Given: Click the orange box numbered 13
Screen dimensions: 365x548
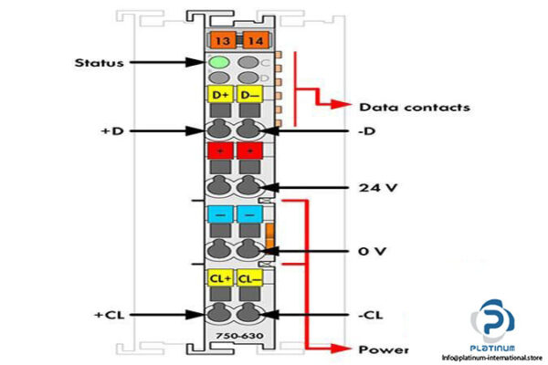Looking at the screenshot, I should [x=221, y=39].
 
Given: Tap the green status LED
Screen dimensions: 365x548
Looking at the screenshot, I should [x=220, y=63].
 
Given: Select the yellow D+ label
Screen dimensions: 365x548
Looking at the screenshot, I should [x=221, y=94].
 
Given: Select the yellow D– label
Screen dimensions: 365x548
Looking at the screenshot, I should [x=248, y=94].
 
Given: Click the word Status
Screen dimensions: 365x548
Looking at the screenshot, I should [x=100, y=63].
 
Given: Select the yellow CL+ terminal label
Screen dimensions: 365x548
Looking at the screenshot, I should [x=221, y=277].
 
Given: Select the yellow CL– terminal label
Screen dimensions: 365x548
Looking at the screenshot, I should [x=248, y=277].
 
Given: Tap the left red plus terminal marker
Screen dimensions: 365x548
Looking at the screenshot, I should [x=221, y=151].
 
